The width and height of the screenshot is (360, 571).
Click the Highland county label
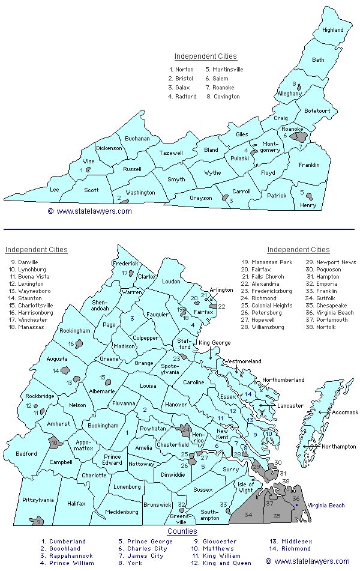tap(332, 30)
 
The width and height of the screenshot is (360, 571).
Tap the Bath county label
tap(318, 60)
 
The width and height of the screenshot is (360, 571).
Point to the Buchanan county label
tap(137, 139)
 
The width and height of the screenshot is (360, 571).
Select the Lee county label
tap(55, 190)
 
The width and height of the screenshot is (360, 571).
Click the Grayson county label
tap(200, 198)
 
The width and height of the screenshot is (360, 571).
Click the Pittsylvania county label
tap(22, 500)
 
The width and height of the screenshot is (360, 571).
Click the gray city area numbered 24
tap(185, 431)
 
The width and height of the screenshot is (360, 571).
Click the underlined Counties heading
tap(182, 531)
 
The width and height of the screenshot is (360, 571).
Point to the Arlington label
tap(221, 290)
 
